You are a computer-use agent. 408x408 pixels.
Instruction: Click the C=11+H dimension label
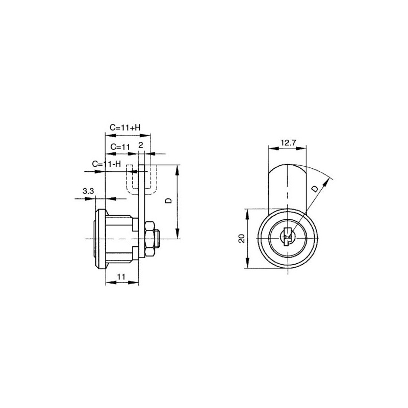click(x=125, y=127)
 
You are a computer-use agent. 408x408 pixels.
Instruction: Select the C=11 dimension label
click(x=120, y=147)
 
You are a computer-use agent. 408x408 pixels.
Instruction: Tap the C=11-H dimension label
click(x=107, y=164)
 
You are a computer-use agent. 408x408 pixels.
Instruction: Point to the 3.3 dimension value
click(x=88, y=191)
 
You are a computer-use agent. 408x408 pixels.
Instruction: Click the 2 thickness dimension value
click(x=141, y=145)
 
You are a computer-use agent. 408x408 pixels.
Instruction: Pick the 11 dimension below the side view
click(x=121, y=276)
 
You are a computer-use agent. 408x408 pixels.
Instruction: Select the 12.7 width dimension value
click(x=288, y=143)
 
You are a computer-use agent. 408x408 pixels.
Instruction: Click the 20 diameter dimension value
click(x=242, y=238)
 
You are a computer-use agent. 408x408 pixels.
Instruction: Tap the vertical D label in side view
click(x=169, y=200)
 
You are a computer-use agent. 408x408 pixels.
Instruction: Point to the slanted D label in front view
click(x=315, y=189)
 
